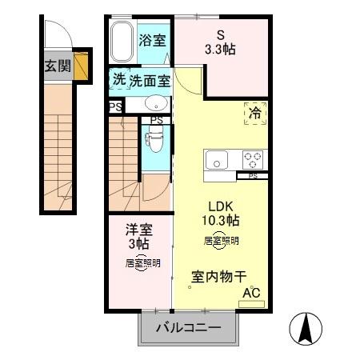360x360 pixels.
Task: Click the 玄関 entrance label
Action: coord(57,66)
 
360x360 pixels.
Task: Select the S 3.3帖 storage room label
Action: coord(221,42)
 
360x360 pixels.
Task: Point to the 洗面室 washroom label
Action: coord(150,80)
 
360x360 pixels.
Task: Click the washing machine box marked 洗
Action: coord(118,80)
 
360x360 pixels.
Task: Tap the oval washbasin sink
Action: coord(156,103)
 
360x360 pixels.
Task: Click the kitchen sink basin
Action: coord(218,160)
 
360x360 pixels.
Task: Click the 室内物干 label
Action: coord(218,277)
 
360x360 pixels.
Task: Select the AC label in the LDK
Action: coord(253,294)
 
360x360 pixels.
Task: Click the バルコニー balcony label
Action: coord(188,328)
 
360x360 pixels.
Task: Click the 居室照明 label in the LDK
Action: coord(220,239)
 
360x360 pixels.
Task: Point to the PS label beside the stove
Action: coord(253,176)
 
